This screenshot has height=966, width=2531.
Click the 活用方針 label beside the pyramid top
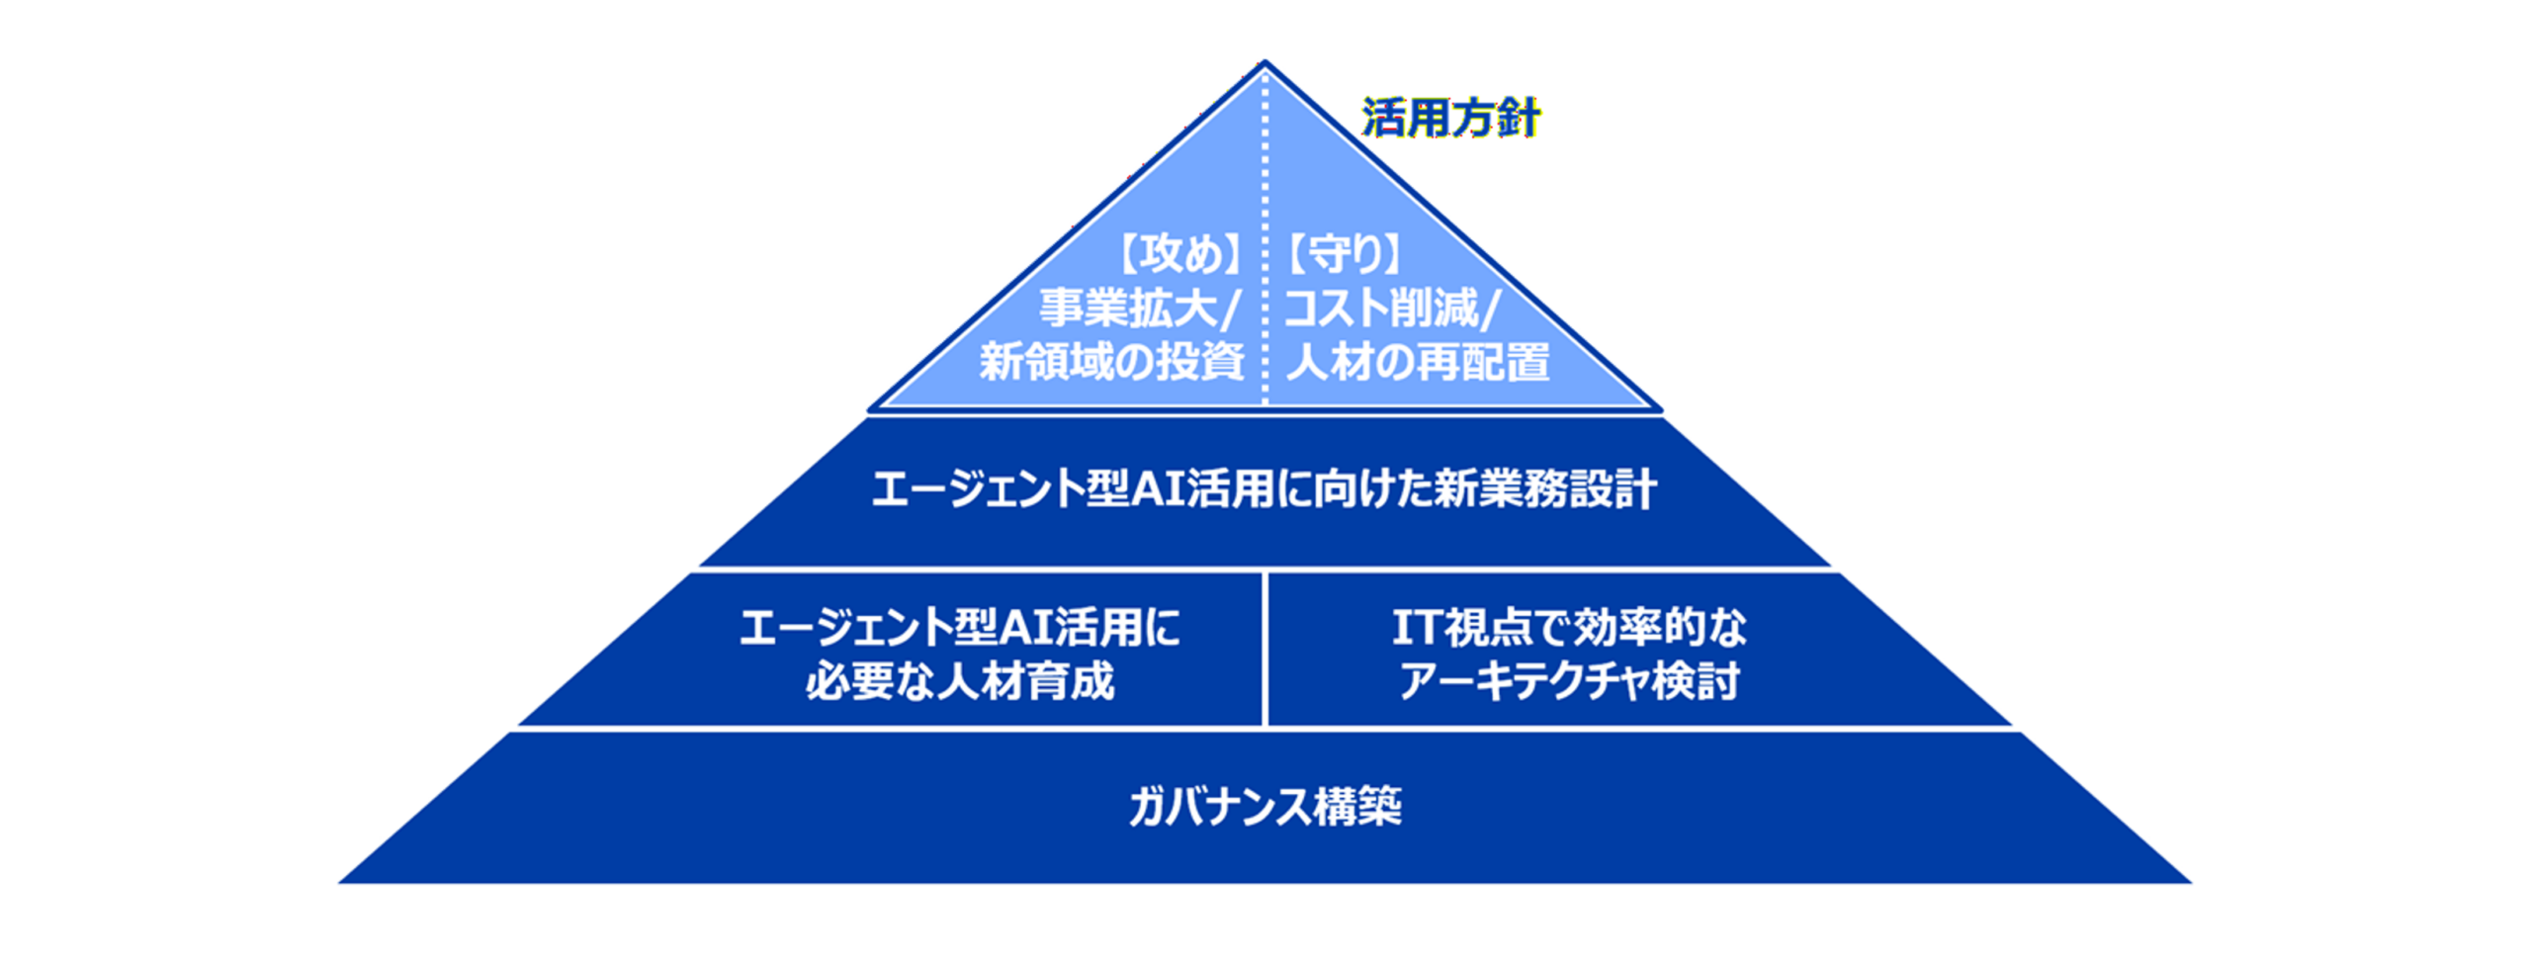coord(1449,119)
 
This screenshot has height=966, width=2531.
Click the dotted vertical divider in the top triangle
coord(1265,237)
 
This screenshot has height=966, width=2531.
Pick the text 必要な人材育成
coord(959,681)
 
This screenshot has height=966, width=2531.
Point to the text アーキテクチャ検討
coord(1569,681)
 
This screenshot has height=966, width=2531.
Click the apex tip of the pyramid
coord(1265,61)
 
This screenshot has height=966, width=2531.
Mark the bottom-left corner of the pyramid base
coord(339,882)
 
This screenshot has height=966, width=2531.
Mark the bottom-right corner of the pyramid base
coord(2191,882)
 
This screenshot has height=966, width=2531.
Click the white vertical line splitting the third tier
coord(1265,650)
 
